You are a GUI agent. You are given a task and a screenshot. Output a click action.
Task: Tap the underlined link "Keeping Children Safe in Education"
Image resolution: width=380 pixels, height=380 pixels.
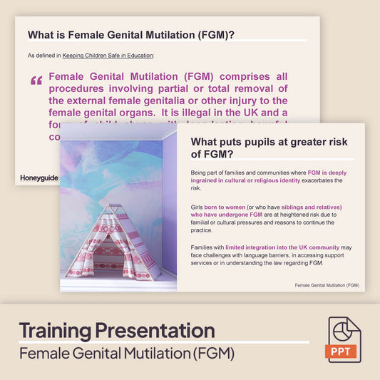click(108, 55)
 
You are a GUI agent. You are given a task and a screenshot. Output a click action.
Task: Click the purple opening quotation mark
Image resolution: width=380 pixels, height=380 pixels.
click(36, 81)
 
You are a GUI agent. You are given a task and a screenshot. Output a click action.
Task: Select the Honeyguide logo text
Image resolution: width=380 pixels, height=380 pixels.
click(39, 177)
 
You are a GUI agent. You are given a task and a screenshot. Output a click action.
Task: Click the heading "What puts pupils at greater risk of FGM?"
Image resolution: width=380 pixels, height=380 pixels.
click(271, 147)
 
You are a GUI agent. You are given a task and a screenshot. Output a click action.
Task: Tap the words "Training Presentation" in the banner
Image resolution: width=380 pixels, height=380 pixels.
click(116, 330)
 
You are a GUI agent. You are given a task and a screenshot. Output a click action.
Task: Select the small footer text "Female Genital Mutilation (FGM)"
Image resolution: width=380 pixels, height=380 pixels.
click(327, 285)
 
